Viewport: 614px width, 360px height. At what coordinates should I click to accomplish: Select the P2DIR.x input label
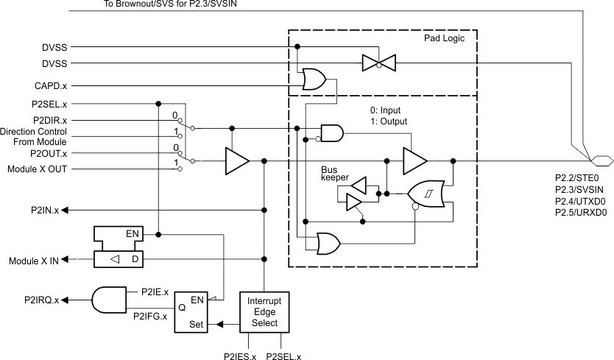49,120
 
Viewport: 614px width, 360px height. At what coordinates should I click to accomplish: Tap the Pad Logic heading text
444,38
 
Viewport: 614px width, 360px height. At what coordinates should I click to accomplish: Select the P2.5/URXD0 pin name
579,213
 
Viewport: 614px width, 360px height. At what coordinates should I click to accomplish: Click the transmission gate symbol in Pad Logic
379,63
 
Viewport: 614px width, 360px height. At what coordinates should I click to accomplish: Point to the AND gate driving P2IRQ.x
106,300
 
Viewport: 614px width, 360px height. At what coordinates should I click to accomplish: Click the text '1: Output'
388,121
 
